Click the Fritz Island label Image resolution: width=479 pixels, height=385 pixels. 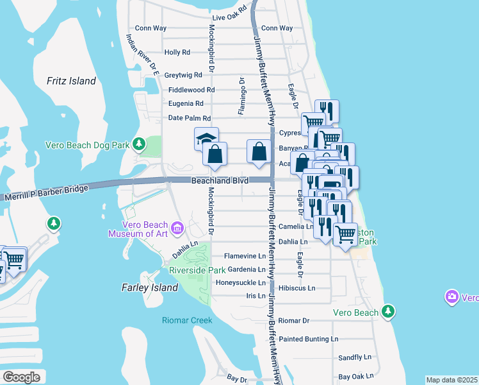[x=71, y=81]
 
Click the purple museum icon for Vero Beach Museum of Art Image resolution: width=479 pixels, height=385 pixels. [x=177, y=228]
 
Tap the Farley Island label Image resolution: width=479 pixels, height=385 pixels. [x=150, y=287]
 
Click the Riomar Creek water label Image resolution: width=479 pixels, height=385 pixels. [x=187, y=320]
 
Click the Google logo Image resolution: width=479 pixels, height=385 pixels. [x=21, y=377]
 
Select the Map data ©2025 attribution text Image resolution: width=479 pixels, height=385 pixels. [x=451, y=380]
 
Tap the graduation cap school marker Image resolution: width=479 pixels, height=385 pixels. [x=207, y=139]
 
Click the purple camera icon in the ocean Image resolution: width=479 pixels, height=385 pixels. [x=452, y=297]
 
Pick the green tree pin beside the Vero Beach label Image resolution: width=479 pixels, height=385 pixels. [x=387, y=312]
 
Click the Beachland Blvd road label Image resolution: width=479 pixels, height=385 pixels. [x=220, y=182]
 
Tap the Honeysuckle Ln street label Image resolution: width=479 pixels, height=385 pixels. [x=240, y=282]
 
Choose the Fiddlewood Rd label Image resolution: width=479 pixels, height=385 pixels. [x=191, y=90]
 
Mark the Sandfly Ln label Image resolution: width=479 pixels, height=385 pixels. [x=355, y=357]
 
